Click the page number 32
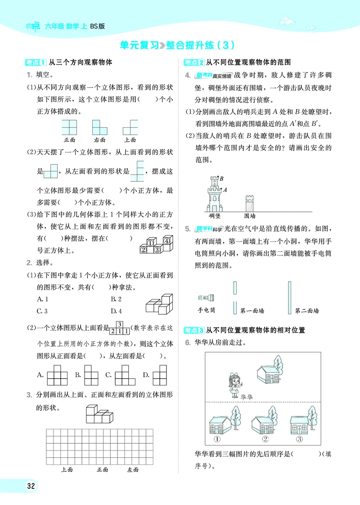pos(31,487)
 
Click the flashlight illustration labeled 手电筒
pos(207,298)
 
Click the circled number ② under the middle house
pos(265,439)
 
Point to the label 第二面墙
pos(306,311)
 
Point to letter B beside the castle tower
pos(222,179)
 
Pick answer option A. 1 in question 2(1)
pos(43,299)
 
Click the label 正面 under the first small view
pos(69,140)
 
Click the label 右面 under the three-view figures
pos(99,140)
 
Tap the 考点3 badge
pos(194,331)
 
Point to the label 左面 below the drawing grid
pos(132,469)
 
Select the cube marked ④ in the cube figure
pos(166,241)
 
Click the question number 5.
pos(188,229)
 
